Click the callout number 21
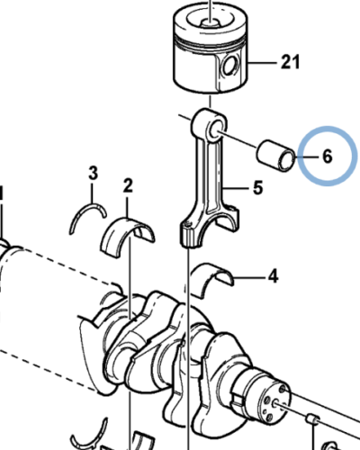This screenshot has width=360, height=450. (290, 62)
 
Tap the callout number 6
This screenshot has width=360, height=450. (328, 157)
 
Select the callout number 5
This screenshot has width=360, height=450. (257, 188)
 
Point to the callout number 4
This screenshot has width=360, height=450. (273, 276)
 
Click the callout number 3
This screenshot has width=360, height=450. (93, 173)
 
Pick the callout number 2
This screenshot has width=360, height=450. (128, 185)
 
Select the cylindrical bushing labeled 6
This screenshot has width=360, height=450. (276, 156)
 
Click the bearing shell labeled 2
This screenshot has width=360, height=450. (128, 232)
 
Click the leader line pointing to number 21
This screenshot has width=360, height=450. (263, 63)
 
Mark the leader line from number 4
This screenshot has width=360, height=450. (249, 277)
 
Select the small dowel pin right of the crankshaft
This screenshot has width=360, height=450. (313, 418)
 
